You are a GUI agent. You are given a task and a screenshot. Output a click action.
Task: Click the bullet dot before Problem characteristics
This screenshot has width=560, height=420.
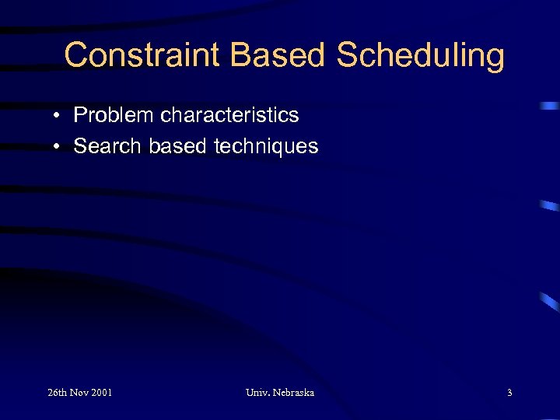pos(58,116)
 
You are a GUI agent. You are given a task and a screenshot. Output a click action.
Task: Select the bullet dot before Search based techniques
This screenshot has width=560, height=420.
pos(58,147)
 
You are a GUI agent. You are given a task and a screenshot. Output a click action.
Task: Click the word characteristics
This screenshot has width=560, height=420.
pos(229,116)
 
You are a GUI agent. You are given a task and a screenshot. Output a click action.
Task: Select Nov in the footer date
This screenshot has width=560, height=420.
pos(81,393)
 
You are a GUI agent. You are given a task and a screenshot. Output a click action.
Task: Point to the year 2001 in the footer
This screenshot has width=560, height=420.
pos(102,393)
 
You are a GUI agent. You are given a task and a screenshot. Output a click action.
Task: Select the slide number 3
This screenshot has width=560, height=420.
pos(509,393)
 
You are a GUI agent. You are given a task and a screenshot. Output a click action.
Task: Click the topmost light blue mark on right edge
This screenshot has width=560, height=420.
pos(549,105)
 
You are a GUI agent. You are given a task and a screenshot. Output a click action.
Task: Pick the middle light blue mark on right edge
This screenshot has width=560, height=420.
pos(549,206)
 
